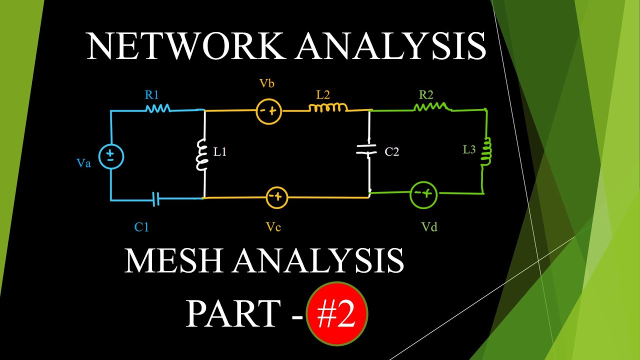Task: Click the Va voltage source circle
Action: (110, 156)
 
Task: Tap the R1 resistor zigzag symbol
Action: (157, 108)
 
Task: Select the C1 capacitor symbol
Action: (157, 200)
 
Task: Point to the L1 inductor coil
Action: (202, 155)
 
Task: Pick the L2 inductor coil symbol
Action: (328, 107)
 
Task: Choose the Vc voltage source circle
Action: (276, 198)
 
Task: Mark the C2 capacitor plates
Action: (369, 150)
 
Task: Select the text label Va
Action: (84, 163)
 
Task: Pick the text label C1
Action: (141, 227)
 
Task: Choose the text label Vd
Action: (429, 227)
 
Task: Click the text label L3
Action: (469, 149)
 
